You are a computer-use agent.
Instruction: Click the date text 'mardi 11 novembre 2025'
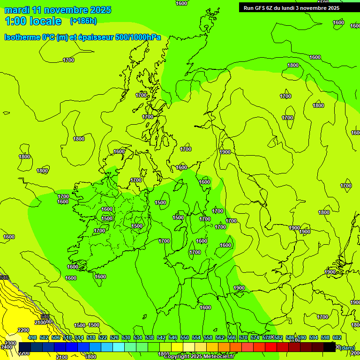(x=58, y=10)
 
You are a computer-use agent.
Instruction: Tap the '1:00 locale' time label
(x=33, y=21)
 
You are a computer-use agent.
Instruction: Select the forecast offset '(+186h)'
(x=83, y=21)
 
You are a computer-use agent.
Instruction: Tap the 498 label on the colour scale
(x=32, y=337)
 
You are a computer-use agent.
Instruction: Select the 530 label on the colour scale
(x=126, y=337)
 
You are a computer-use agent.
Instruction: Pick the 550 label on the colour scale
(x=185, y=337)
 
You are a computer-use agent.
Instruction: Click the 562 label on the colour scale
(x=220, y=337)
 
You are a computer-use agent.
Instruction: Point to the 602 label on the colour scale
(x=337, y=337)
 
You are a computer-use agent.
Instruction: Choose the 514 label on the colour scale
(x=79, y=337)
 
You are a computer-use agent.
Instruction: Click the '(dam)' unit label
(x=347, y=347)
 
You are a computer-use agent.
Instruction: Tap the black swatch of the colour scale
(x=330, y=347)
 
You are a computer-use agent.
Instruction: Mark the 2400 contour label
(x=7, y=347)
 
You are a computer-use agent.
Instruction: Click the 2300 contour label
(x=10, y=343)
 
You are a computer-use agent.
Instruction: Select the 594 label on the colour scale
(x=314, y=337)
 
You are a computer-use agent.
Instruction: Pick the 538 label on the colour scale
(x=150, y=337)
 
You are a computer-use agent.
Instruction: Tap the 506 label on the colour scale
(x=56, y=337)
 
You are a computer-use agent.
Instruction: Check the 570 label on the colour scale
(x=243, y=337)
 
